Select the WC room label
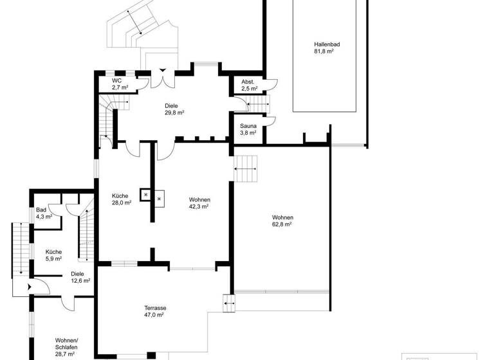[x=117, y=80]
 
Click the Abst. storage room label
[x=248, y=82]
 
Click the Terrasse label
[x=155, y=309]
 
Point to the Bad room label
[x=41, y=210]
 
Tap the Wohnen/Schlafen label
[x=66, y=340]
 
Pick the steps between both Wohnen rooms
[x=245, y=169]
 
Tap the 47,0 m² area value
[x=155, y=316]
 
